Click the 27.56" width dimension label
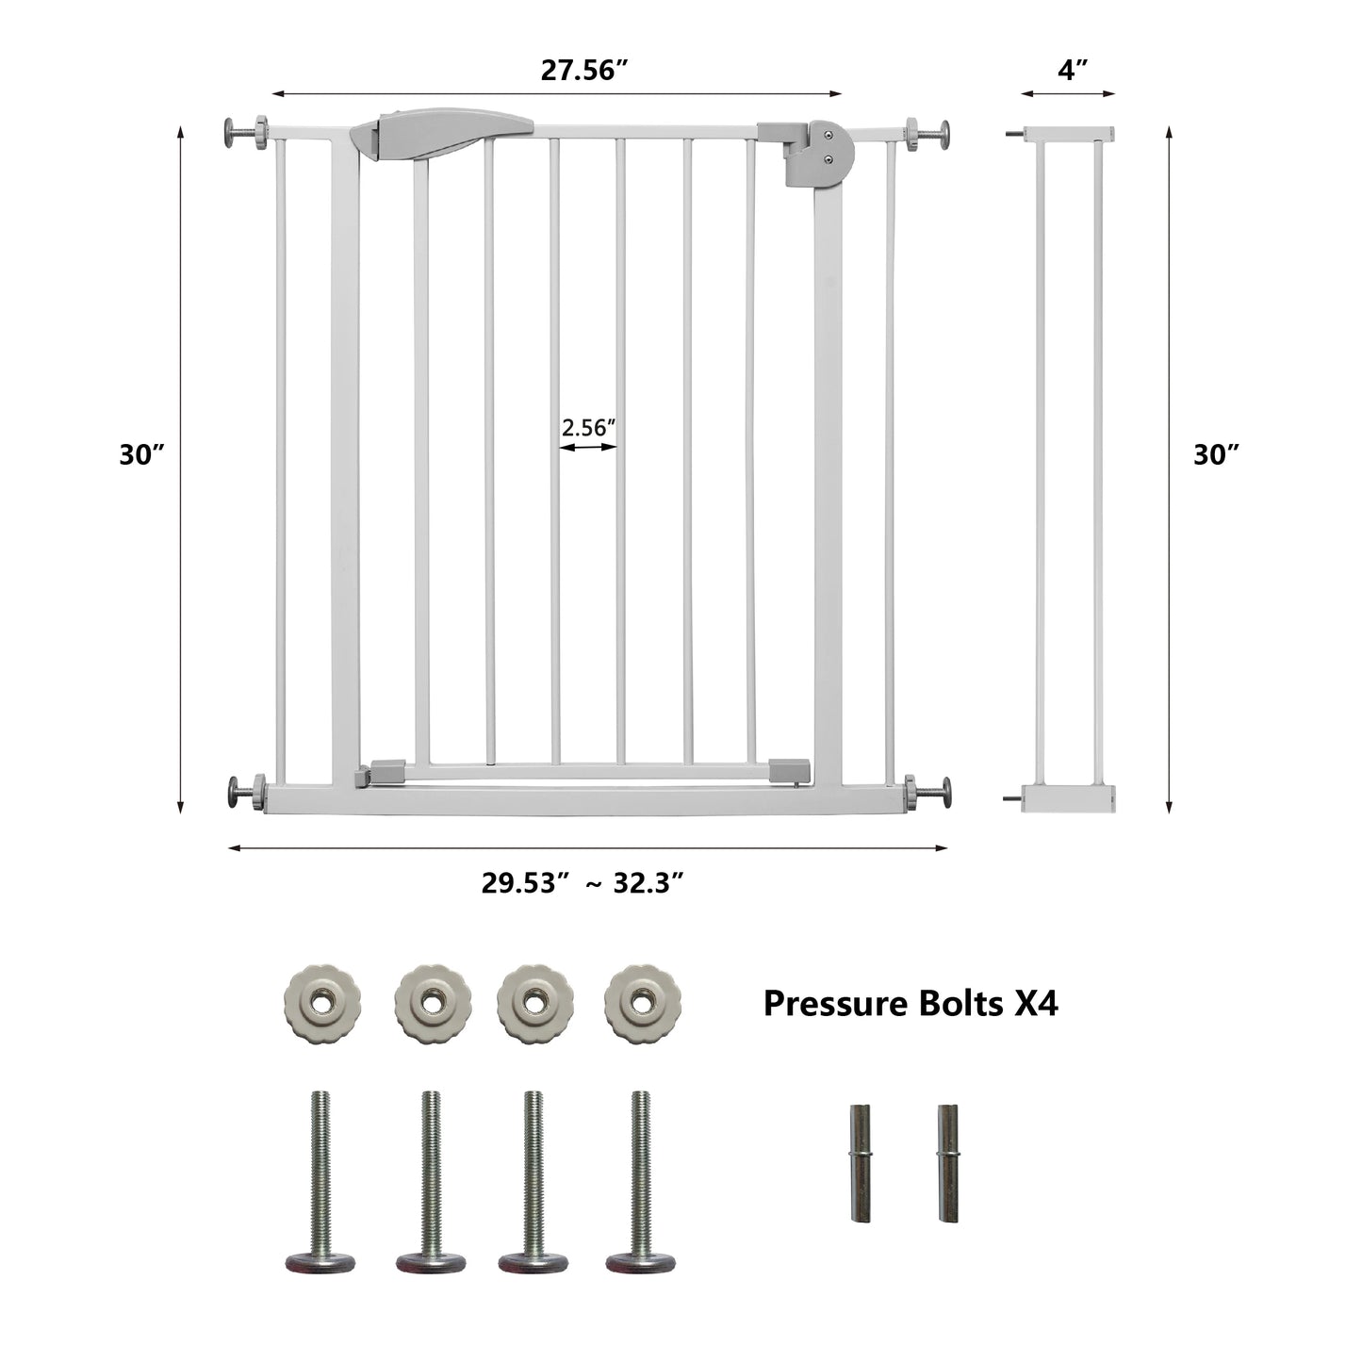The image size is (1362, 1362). (583, 70)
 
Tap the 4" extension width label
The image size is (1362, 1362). (1073, 70)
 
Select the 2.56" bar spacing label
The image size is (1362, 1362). (589, 427)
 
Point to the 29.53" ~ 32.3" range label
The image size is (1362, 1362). (583, 883)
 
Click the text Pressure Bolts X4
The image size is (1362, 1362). (911, 1002)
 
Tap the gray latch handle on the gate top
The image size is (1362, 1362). (442, 131)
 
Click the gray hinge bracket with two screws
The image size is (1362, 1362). (807, 153)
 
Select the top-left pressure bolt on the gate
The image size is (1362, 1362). (247, 132)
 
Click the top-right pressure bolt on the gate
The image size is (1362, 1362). (928, 132)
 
